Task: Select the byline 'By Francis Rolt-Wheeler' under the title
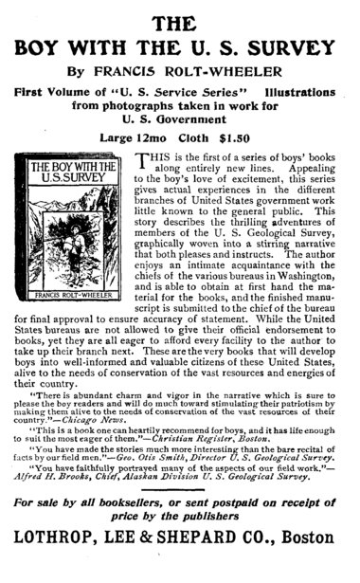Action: pos(179,70)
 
